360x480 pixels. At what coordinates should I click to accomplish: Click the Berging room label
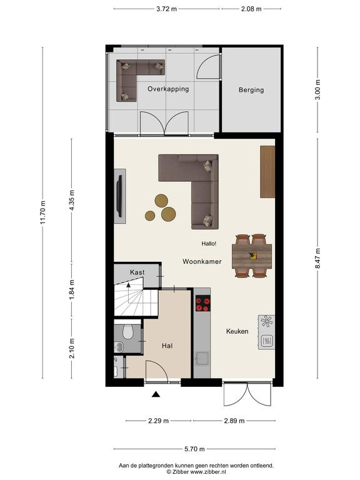click(x=251, y=90)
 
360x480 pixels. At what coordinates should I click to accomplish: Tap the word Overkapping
click(x=168, y=89)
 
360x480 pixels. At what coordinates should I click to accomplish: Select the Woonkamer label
click(x=202, y=261)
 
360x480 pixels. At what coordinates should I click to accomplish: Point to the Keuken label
click(x=237, y=331)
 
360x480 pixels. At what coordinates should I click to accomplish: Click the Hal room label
click(x=167, y=346)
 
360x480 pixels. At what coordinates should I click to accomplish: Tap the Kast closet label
click(x=137, y=272)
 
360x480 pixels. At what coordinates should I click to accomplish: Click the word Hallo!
click(x=209, y=244)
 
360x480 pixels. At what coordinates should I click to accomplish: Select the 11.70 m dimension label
click(x=42, y=212)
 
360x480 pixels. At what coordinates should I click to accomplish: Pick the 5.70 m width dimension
click(x=194, y=449)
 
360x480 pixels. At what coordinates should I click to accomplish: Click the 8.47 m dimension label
click(x=317, y=258)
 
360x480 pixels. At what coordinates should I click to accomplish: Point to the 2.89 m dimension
click(x=234, y=421)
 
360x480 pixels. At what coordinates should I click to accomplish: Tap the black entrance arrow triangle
click(x=156, y=394)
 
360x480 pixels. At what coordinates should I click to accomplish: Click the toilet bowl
click(x=127, y=332)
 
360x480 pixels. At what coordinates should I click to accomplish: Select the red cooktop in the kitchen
click(x=203, y=303)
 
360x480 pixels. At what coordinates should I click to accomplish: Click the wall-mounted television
click(x=120, y=196)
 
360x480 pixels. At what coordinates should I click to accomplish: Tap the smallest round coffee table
click(x=150, y=216)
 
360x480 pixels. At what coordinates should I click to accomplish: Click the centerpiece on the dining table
click(x=253, y=256)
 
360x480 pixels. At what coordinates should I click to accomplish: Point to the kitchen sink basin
click(x=202, y=359)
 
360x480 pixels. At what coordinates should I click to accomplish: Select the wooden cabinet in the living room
click(x=267, y=172)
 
